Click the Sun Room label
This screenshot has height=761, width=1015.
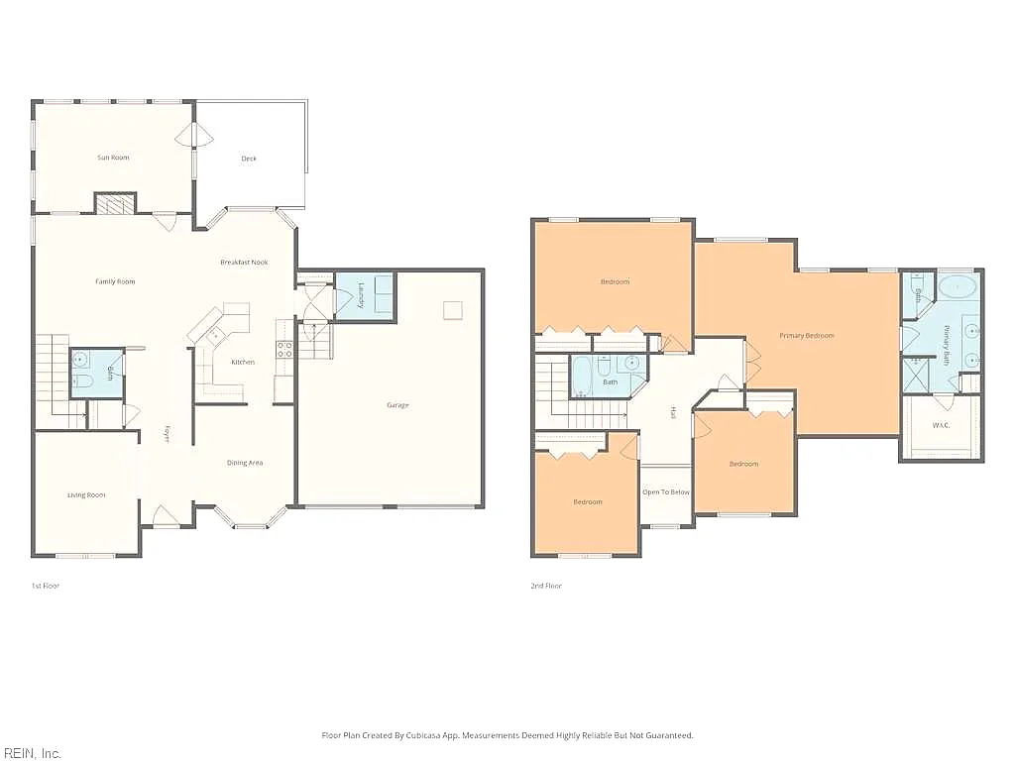point(113,158)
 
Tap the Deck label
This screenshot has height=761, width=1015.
point(249,159)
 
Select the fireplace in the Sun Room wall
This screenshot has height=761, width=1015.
point(116,203)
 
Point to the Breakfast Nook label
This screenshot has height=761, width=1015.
point(244,262)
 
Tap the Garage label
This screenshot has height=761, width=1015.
point(398,405)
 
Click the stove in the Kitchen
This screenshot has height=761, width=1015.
point(284,350)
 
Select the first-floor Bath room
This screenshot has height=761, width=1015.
point(96,374)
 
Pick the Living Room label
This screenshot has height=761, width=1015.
point(86,495)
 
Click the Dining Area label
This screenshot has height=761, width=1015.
point(245,463)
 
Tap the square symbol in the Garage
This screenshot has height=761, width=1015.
point(452,310)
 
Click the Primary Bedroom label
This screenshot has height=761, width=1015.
point(807,335)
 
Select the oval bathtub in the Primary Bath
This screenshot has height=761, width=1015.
point(958,286)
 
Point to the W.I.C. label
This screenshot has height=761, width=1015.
point(941,425)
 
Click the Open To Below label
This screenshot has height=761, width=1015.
point(666,492)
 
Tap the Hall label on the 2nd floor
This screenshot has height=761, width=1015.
point(673,412)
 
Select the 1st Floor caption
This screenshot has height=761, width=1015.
point(46,586)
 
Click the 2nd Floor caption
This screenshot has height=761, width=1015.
point(546,586)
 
